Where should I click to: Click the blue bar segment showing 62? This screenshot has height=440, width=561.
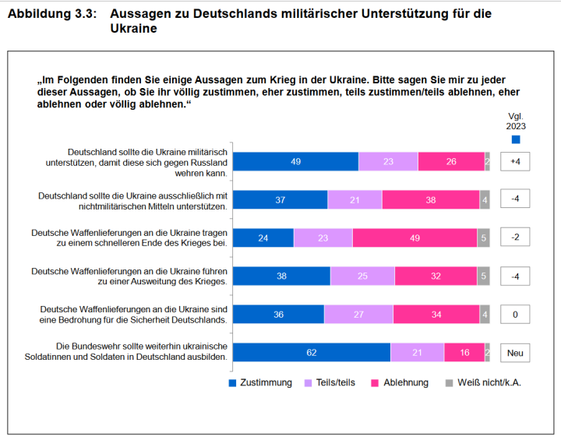click(x=311, y=353)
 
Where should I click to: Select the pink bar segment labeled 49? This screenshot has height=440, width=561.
click(x=415, y=238)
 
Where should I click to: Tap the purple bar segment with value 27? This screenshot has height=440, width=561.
click(x=358, y=315)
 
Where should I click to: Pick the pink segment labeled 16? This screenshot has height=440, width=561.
click(x=464, y=353)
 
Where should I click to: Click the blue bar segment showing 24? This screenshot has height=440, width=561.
click(x=263, y=238)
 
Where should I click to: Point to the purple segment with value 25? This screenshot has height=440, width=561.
click(x=362, y=276)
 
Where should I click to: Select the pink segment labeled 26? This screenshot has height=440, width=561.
click(x=451, y=162)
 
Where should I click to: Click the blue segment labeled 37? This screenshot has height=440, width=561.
click(x=280, y=200)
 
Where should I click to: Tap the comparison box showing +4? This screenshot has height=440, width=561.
click(x=515, y=162)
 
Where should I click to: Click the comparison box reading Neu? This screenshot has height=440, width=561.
click(x=515, y=353)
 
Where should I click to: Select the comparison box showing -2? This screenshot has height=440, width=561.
click(x=515, y=238)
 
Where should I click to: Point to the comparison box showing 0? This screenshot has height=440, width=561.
click(x=515, y=315)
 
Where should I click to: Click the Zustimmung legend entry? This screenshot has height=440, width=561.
click(x=260, y=383)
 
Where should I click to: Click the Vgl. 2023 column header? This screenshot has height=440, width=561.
click(x=516, y=120)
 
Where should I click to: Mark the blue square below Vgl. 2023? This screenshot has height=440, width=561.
click(x=516, y=139)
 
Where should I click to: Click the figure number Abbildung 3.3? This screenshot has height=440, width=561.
click(x=52, y=14)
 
